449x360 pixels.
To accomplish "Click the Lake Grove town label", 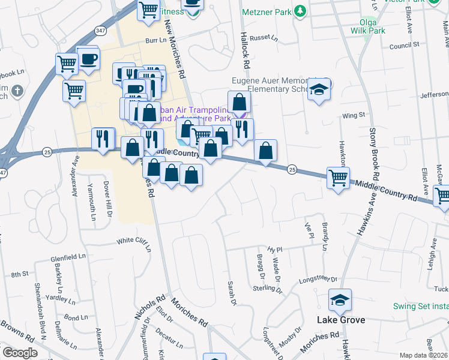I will (x=340, y=320).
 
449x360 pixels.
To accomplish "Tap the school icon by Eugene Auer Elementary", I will (x=320, y=90).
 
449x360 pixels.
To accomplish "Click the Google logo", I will (x=20, y=353).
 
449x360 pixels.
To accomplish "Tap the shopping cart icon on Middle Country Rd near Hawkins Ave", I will (x=338, y=177).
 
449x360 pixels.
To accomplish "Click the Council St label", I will (x=403, y=46).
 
